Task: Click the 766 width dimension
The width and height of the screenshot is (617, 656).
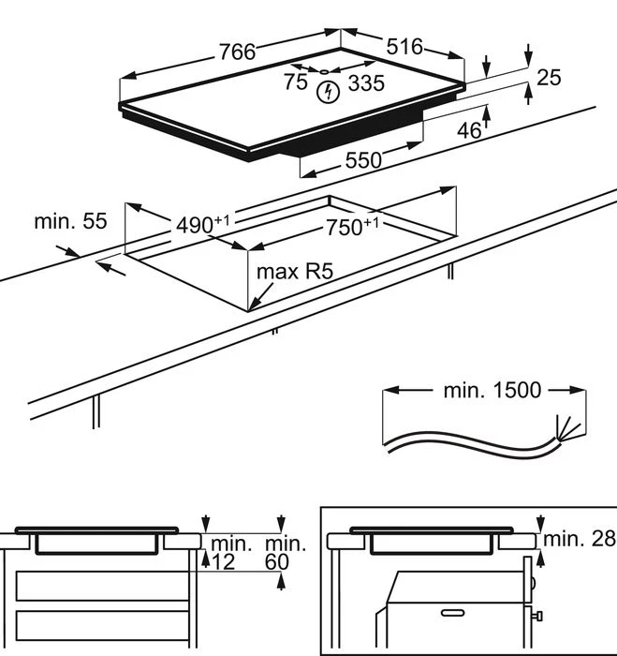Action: [x=237, y=52]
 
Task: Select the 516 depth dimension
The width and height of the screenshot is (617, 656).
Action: [x=404, y=47]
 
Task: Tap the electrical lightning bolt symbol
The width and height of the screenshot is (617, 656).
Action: [x=328, y=92]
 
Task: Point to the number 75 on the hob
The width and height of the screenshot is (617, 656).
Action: [x=296, y=82]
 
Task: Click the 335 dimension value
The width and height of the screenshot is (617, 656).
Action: [x=366, y=83]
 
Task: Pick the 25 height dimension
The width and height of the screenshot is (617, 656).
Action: [x=549, y=78]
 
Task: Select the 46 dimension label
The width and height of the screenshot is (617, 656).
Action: [x=469, y=131]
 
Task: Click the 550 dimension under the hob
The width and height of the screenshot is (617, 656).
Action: [x=363, y=160]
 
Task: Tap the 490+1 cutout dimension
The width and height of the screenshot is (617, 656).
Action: [x=203, y=224]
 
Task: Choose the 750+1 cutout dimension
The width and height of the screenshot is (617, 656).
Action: [x=352, y=227]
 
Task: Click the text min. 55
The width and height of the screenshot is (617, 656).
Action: [x=70, y=221]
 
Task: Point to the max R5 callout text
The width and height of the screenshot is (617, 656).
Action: [x=295, y=272]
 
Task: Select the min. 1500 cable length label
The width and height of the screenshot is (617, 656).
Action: [x=492, y=390]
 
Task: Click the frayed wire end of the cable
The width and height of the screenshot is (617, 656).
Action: [x=567, y=428]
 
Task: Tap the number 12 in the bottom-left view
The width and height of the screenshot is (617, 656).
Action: [x=224, y=562]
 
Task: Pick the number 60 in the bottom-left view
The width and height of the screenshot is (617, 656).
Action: [x=277, y=562]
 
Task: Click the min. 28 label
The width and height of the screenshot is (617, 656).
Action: [x=579, y=539]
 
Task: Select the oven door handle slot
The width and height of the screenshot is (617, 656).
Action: [x=452, y=613]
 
